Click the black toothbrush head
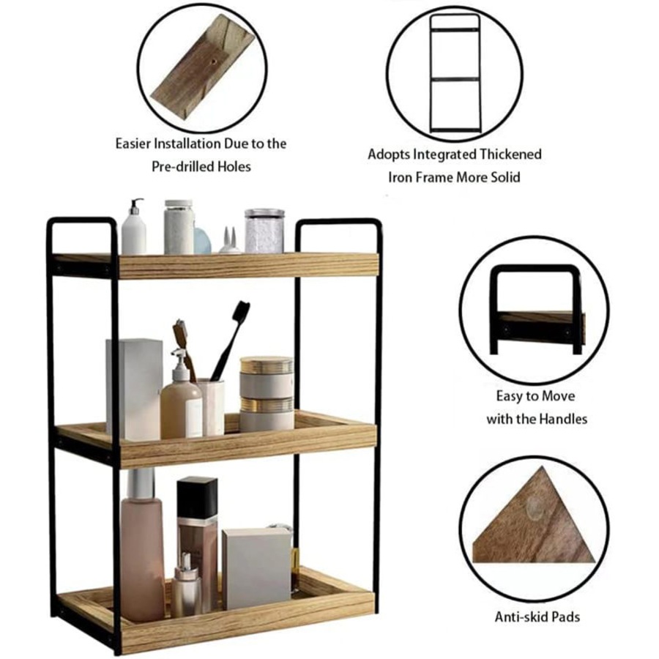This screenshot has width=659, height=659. pyautogui.click(x=241, y=310)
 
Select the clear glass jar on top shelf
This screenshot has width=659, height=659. pyautogui.click(x=264, y=231)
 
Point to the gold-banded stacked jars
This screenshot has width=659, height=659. pyautogui.click(x=267, y=393)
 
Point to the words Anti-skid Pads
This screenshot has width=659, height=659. pyautogui.click(x=537, y=617)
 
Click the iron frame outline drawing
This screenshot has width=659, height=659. pyautogui.click(x=454, y=74)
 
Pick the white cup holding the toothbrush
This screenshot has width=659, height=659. pyautogui.click(x=212, y=406)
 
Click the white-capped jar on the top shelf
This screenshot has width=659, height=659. pyautogui.click(x=179, y=227)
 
